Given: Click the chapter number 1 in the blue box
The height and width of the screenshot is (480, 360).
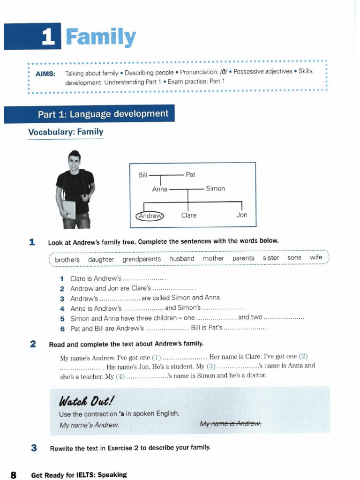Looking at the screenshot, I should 48,37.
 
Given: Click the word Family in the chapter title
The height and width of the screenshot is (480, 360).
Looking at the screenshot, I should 101,37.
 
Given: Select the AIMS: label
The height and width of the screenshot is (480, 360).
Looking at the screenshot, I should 45,74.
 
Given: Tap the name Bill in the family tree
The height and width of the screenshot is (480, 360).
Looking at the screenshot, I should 142,175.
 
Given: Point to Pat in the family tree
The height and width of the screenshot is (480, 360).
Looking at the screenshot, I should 190,175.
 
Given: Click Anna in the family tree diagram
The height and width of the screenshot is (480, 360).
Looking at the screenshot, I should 159,189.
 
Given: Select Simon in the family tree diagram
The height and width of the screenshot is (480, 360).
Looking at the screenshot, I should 215,189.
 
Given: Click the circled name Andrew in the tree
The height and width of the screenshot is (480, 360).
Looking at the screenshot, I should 150,216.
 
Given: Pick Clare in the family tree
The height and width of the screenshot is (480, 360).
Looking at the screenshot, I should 188,216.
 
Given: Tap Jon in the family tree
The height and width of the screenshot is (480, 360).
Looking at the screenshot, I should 241,215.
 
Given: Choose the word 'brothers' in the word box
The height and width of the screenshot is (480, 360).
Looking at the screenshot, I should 67,260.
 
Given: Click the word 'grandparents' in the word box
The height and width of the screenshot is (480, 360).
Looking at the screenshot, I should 142,259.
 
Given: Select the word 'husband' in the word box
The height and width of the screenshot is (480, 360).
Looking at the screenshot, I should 181,259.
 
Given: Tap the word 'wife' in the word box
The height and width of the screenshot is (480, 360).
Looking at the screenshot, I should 316,257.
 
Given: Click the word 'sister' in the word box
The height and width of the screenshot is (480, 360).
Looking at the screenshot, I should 270,258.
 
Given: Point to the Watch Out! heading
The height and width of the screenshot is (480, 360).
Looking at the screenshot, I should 86,401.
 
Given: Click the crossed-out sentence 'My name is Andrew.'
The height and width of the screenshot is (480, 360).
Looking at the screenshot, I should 231,424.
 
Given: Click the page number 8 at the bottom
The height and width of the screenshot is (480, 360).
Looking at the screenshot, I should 14,475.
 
